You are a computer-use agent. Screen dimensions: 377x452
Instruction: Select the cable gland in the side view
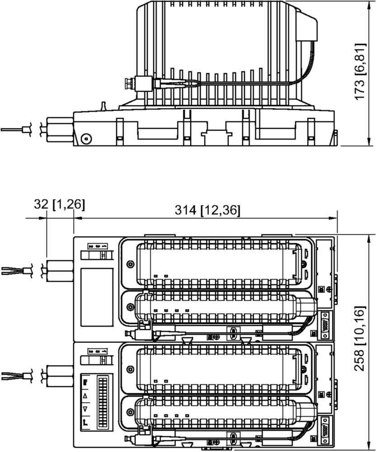tap(60, 129)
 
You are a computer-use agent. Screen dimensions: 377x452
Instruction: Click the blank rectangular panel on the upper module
tap(97, 297)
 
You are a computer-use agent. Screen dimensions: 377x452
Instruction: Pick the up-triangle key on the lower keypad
tap(85, 396)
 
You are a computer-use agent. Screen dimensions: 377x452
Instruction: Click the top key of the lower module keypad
tap(85, 383)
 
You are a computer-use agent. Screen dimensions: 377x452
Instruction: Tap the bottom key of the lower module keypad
tap(85, 423)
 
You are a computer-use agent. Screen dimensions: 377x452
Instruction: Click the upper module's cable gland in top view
tap(60, 271)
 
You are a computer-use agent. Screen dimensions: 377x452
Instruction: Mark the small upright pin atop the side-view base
tap(103, 106)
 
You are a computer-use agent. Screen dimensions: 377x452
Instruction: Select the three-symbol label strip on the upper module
tap(97, 246)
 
